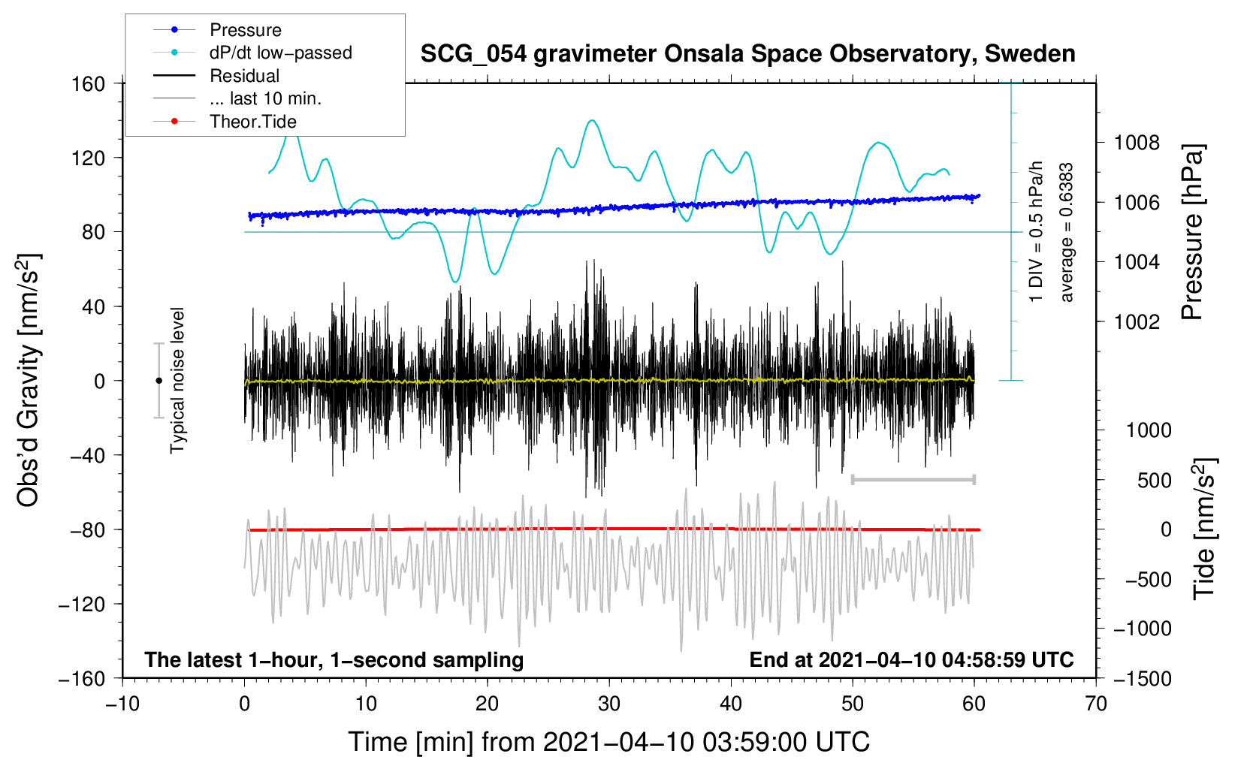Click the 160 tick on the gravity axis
point(89,84)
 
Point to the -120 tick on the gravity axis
point(82,604)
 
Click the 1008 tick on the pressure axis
point(1137,143)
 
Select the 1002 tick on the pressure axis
point(1137,321)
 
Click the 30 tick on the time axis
point(609,704)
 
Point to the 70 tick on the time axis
point(1095,704)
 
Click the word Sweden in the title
point(1030,54)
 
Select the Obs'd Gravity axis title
point(29,380)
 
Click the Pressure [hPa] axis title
point(1192,232)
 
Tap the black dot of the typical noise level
point(159,381)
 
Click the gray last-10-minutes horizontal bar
point(913,479)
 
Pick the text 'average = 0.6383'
point(1066,233)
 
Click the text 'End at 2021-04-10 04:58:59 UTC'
point(911,659)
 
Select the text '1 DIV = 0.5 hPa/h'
point(1035,232)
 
